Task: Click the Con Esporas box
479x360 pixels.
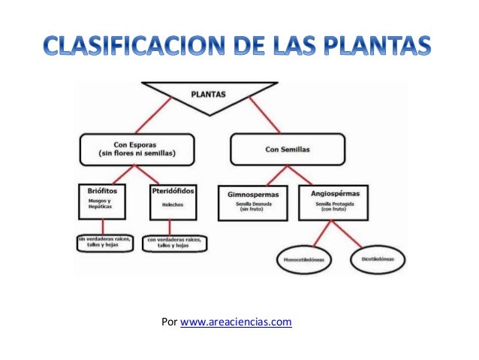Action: [x=131, y=149]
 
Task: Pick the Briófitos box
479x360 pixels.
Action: [x=105, y=201]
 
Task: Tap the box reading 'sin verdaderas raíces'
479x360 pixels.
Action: [x=104, y=243]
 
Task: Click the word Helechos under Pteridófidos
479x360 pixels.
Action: [x=174, y=205]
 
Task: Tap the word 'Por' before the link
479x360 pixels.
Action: [x=169, y=323]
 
